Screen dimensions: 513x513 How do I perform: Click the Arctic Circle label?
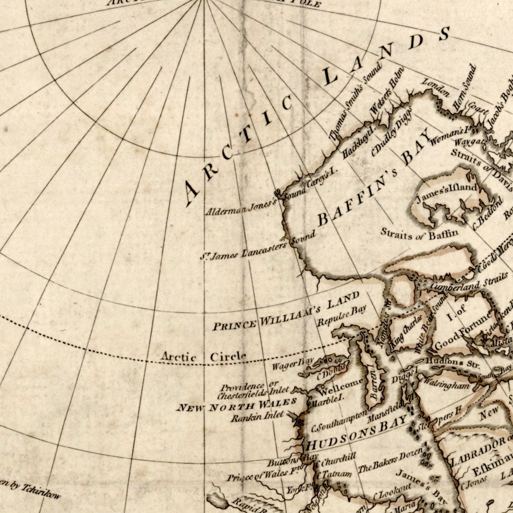(204, 357)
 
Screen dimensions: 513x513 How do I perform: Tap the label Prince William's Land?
(286, 310)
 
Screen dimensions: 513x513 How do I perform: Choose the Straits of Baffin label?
(419, 233)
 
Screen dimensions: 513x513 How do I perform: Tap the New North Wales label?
(236, 405)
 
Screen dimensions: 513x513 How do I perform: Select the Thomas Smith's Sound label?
(355, 102)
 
